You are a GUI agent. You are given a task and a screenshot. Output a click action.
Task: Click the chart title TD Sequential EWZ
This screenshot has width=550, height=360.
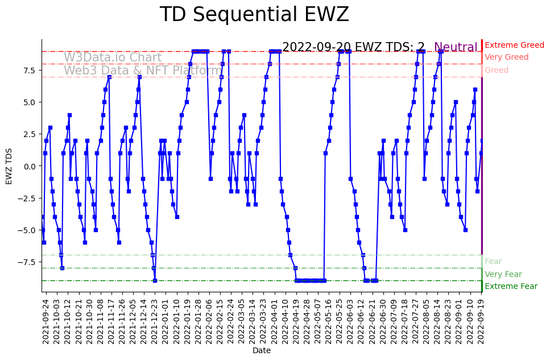coord(254,15)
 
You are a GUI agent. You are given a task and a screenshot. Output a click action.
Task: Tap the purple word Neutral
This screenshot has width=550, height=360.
coord(456,48)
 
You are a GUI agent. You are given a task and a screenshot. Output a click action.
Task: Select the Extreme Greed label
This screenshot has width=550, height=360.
coord(514,45)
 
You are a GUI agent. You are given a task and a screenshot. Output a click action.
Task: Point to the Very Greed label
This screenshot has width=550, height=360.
coord(506,57)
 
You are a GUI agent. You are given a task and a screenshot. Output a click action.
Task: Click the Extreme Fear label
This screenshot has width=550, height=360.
coord(511,286)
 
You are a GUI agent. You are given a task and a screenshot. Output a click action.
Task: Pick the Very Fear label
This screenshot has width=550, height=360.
coord(503,274)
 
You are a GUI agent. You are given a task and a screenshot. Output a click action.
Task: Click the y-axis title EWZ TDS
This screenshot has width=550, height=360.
coord(9,166)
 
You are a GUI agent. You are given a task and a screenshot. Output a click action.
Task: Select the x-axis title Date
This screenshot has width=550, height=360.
coord(262,351)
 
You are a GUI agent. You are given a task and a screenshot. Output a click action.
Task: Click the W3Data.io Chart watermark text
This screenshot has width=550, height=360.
coord(113,57)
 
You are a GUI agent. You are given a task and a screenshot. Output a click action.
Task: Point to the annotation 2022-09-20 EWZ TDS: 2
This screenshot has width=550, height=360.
coord(353,47)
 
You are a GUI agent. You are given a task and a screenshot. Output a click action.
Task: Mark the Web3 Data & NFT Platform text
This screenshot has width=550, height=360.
coord(143,71)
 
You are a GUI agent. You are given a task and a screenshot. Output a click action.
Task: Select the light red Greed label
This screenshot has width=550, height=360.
coord(497,71)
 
